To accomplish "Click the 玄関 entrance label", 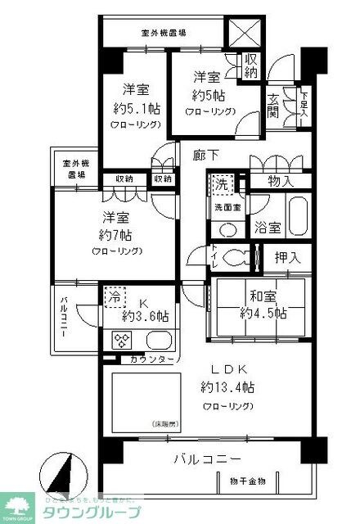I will pos(272,106).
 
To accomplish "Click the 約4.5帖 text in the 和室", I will pos(263,312).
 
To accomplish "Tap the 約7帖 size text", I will pos(119,235).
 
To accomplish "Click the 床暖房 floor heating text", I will pos(164,423).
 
